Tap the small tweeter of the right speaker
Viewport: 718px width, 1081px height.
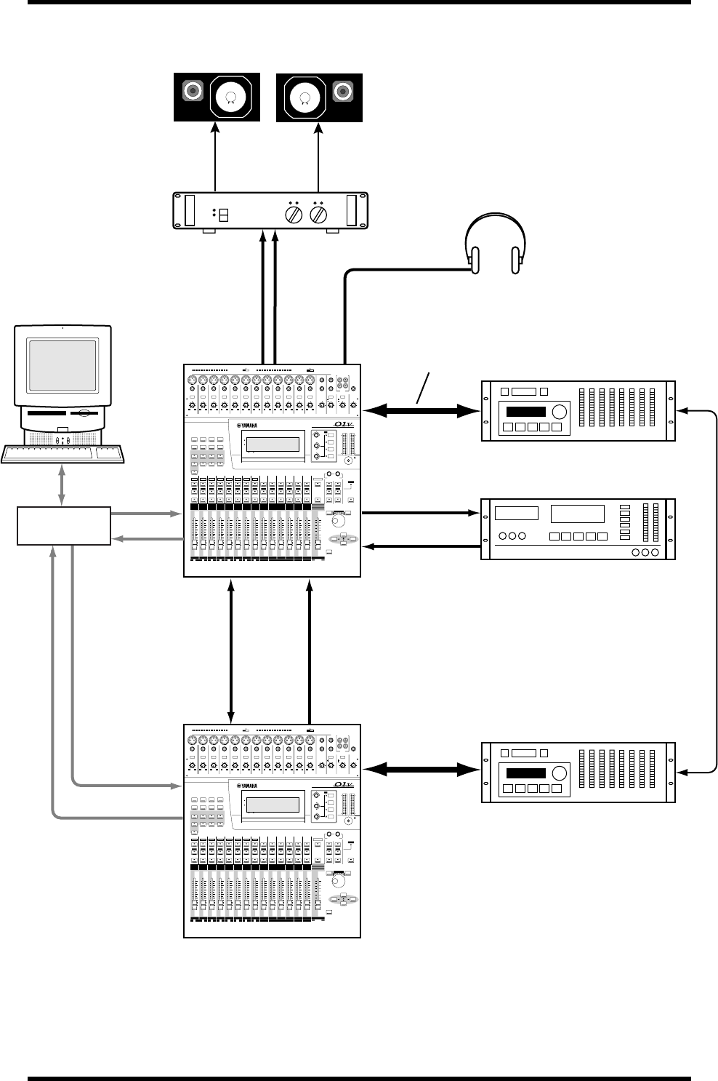click(342, 92)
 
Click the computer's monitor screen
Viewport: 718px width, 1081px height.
click(62, 365)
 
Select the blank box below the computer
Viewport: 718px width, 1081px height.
click(63, 526)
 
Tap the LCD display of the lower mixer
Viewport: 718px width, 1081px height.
click(273, 805)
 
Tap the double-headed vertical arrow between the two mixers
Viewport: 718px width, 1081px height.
click(231, 650)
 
